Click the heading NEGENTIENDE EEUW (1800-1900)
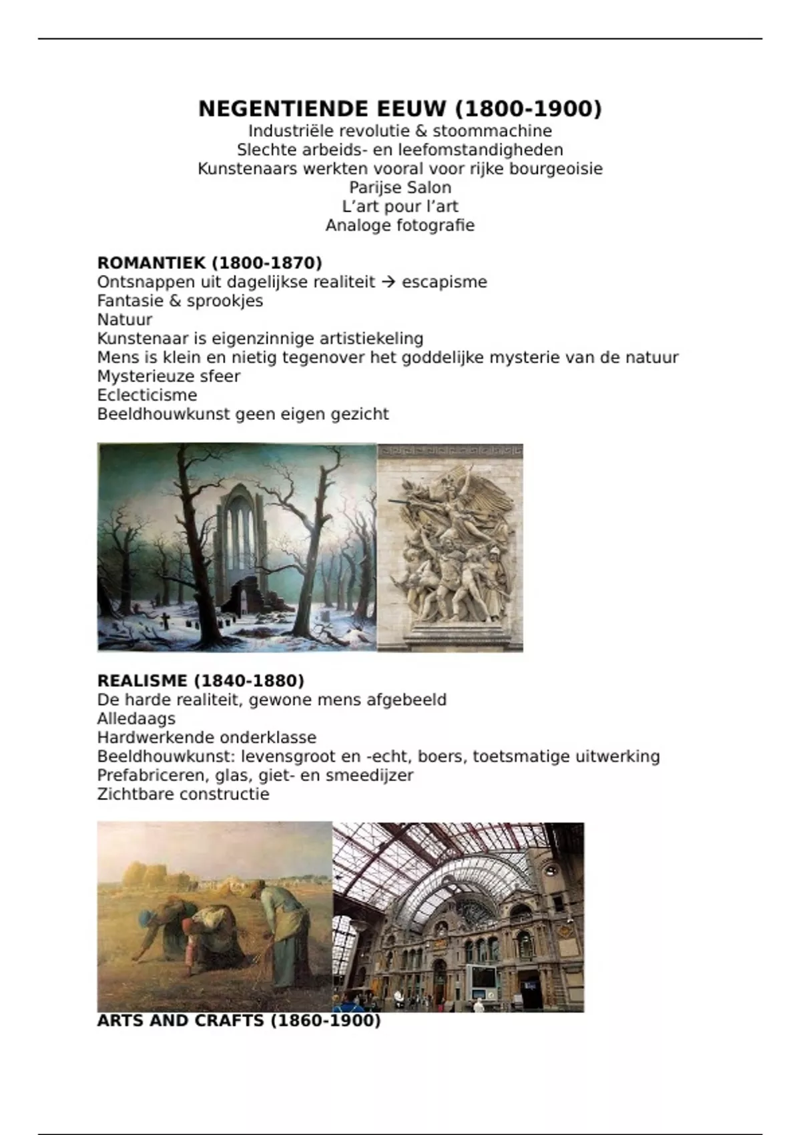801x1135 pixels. [400, 109]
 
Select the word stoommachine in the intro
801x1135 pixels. [492, 131]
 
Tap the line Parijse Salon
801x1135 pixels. [400, 188]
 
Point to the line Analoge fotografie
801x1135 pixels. [400, 226]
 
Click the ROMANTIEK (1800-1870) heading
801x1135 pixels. [210, 263]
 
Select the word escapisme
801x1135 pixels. [444, 282]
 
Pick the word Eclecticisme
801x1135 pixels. [147, 395]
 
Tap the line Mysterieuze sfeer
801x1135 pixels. [168, 377]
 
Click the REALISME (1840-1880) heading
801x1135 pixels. [200, 681]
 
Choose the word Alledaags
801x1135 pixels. [136, 719]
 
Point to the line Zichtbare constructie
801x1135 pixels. [183, 794]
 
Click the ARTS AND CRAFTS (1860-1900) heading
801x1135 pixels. [238, 1021]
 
